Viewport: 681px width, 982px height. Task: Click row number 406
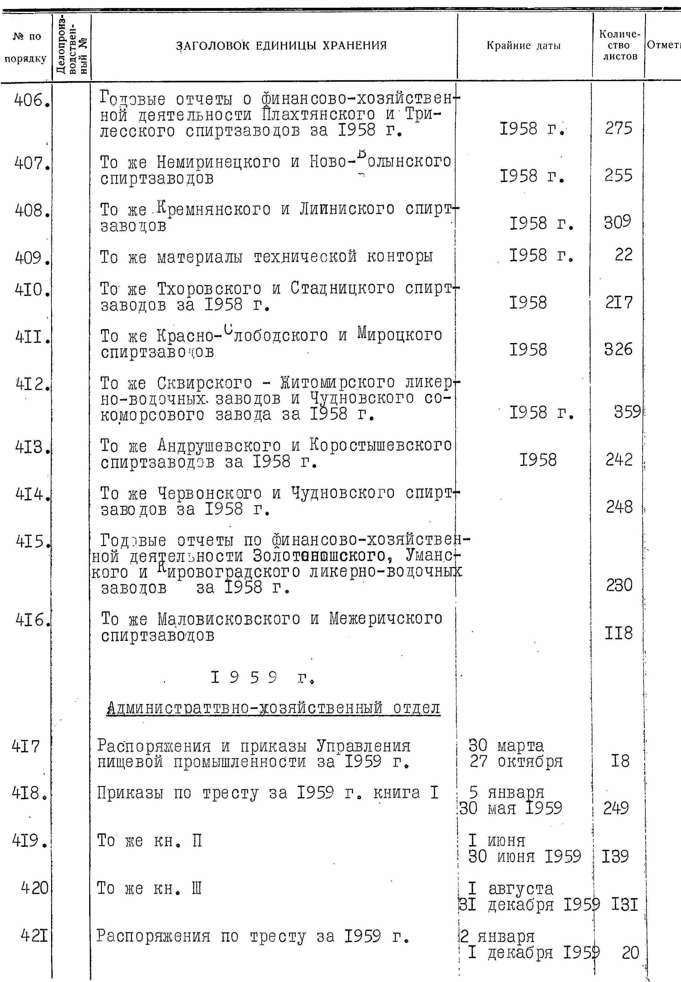[30, 101]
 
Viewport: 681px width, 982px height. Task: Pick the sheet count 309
[618, 222]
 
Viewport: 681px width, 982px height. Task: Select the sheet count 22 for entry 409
[623, 255]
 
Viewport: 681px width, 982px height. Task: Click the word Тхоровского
[209, 289]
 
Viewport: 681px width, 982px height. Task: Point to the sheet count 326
[618, 350]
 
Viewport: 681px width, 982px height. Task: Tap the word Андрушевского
[219, 446]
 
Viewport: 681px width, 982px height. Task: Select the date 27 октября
[516, 762]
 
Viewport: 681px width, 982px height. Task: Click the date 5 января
[506, 792]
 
